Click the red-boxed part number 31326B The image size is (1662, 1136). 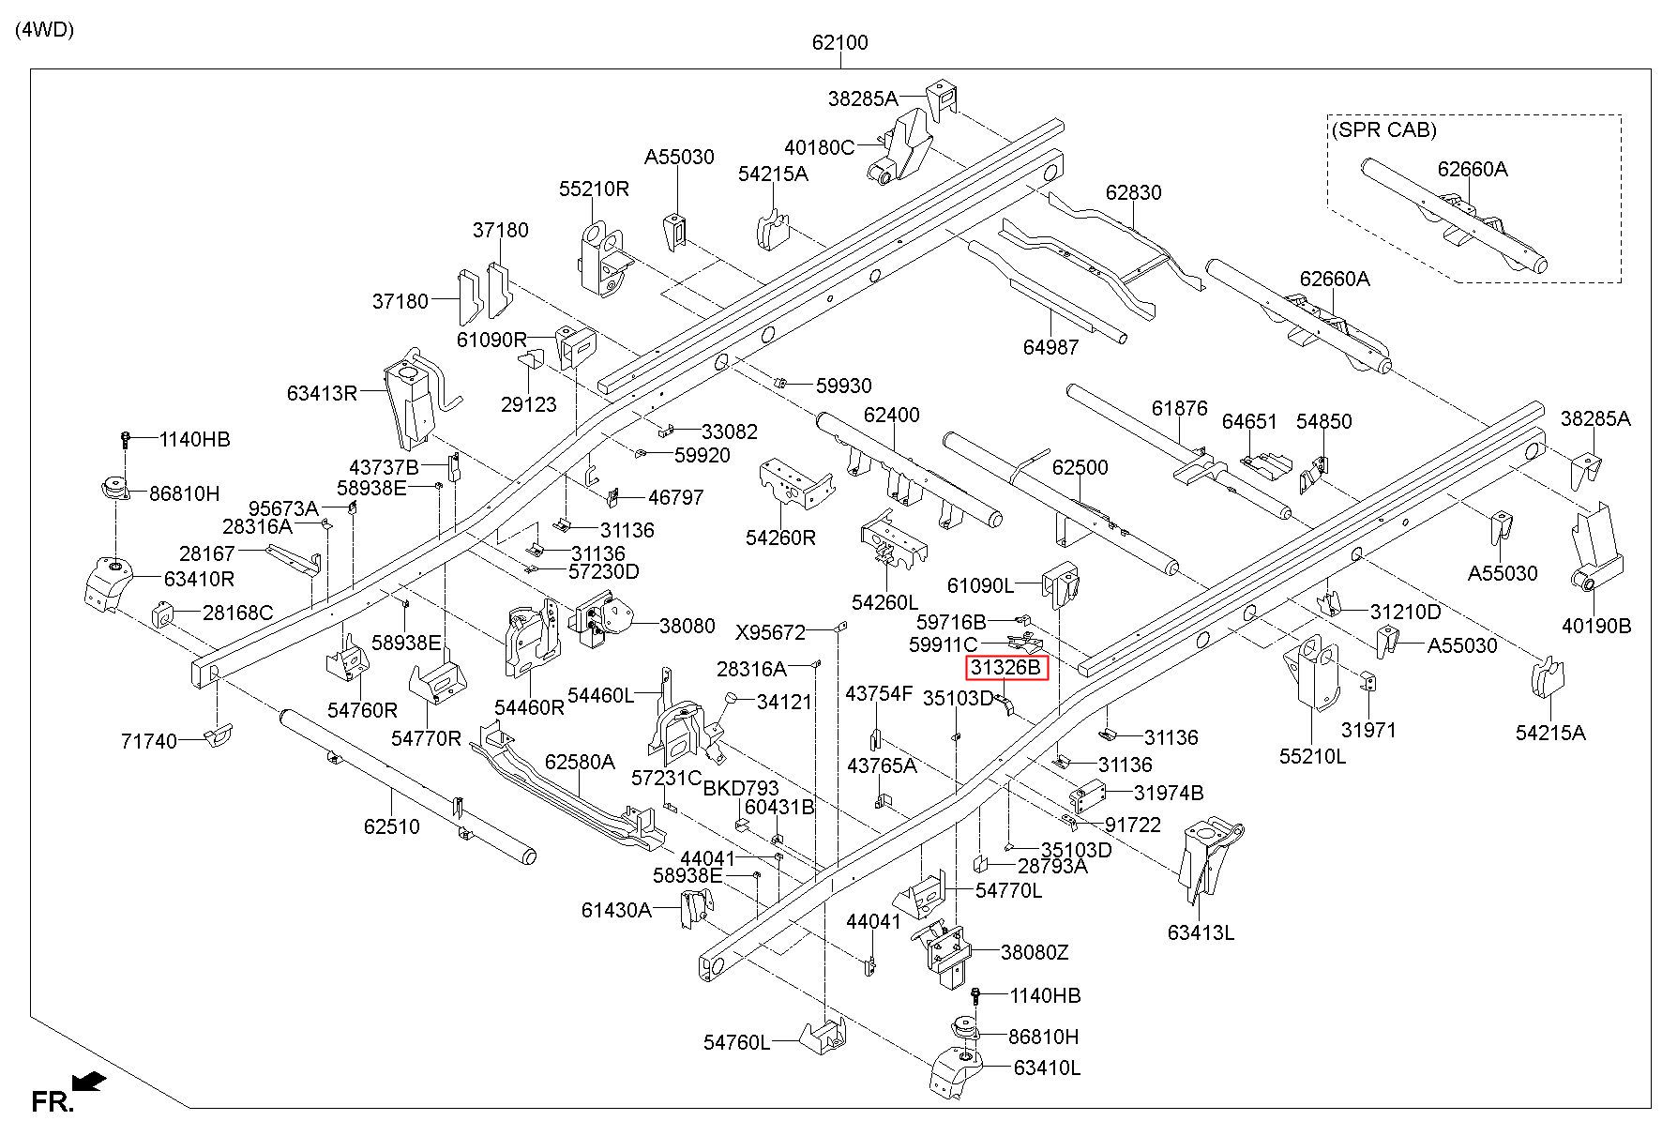point(1006,668)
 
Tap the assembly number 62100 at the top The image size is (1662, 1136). point(839,42)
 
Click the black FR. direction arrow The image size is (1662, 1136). point(88,1083)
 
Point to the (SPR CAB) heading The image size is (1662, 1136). point(1383,130)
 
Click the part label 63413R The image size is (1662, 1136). point(323,392)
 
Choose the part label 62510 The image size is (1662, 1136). point(392,826)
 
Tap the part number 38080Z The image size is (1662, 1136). point(1035,952)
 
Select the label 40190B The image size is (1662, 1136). point(1596,626)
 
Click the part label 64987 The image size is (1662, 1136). point(1050,347)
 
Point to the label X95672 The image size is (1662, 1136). point(770,633)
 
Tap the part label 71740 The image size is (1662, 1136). point(148,742)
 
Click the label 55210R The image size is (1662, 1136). point(594,189)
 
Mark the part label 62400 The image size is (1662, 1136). point(892,415)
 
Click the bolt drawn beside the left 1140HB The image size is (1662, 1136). point(125,439)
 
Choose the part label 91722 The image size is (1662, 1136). point(1133,825)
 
